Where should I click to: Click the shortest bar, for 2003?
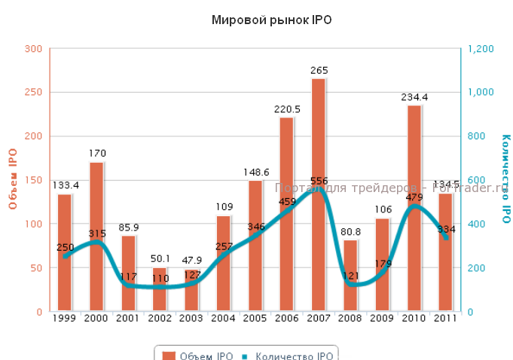click(x=191, y=290)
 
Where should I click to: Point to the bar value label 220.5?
click(x=286, y=109)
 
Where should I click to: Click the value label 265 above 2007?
click(x=319, y=71)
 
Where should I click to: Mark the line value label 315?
click(x=97, y=234)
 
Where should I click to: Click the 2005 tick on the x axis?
click(x=255, y=319)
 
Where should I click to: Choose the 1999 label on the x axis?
click(x=64, y=319)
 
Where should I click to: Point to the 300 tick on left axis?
click(x=32, y=49)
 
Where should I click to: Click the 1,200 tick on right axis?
click(x=481, y=49)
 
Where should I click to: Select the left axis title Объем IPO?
click(x=13, y=179)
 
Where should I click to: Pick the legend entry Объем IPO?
click(x=197, y=355)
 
